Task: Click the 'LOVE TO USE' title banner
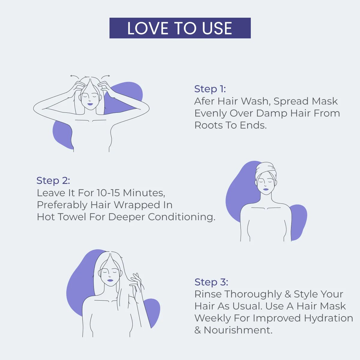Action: (180, 28)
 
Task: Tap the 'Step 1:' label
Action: (210, 89)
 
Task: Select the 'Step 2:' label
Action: (53, 181)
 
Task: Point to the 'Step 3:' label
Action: (211, 282)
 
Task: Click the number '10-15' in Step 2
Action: (108, 193)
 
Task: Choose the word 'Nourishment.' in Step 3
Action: (238, 330)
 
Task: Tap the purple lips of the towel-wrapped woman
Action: (266, 189)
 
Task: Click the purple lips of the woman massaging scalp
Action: (90, 104)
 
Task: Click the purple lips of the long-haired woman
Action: (110, 280)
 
